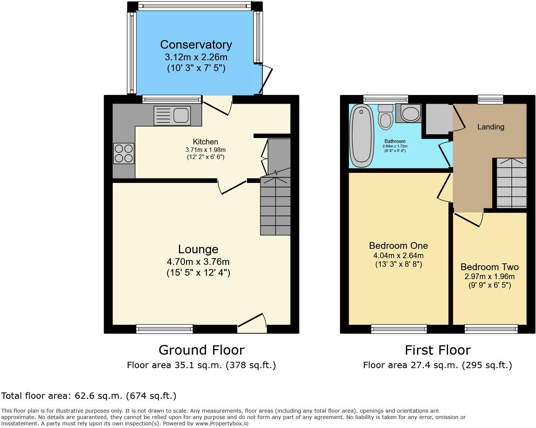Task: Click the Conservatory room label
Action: [x=196, y=45]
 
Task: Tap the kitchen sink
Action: [x=172, y=115]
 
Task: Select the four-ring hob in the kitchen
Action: [x=124, y=153]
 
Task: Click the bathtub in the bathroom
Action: [x=361, y=136]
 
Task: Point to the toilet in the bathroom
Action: [x=385, y=116]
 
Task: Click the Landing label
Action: [x=490, y=127]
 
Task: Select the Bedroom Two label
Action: [x=489, y=267]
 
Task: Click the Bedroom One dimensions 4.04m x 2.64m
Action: [x=398, y=256]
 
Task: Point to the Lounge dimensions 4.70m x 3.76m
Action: [x=198, y=262]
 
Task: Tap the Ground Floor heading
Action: [x=201, y=350]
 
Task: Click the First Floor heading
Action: [x=438, y=350]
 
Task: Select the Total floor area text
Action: [x=89, y=395]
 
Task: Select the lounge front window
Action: [x=164, y=329]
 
